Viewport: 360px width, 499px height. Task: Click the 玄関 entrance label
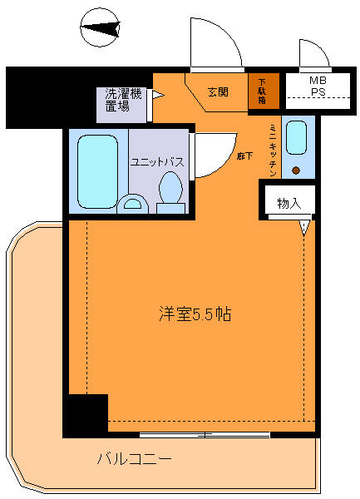click(218, 91)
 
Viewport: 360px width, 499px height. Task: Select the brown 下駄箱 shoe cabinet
click(263, 91)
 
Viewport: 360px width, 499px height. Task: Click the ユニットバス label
click(155, 162)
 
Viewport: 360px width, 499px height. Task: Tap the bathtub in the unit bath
click(98, 170)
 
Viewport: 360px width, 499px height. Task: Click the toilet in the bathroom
click(170, 192)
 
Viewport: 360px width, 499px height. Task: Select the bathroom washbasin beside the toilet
click(131, 202)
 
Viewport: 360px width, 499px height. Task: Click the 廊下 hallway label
click(242, 155)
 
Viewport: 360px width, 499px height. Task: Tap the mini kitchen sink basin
click(298, 137)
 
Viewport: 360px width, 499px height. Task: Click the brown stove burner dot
click(296, 170)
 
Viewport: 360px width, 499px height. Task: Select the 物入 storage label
click(288, 204)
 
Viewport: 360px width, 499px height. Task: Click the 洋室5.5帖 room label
click(195, 316)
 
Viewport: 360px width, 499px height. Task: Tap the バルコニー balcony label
click(134, 458)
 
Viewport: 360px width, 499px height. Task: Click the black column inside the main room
click(86, 413)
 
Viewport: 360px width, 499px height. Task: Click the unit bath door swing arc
click(210, 155)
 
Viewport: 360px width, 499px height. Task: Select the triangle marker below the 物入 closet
click(305, 226)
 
